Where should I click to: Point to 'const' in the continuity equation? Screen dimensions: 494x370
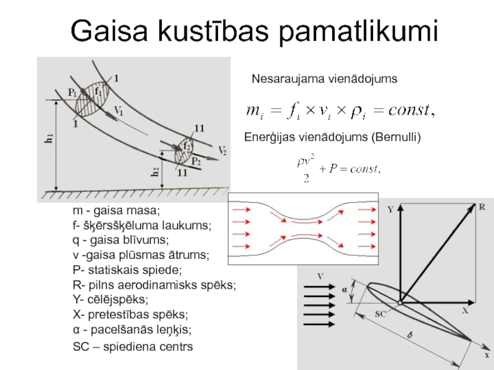coord(404,111)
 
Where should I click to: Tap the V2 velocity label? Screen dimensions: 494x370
coord(222,150)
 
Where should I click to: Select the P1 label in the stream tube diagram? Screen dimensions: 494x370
coord(72,92)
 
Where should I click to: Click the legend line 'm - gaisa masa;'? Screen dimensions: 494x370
coord(115,211)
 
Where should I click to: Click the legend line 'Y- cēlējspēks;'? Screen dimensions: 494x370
coord(111,300)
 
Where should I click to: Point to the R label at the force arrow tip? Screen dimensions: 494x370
coord(482,207)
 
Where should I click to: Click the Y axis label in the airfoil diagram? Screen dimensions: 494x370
coord(390,210)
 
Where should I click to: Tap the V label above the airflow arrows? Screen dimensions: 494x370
coord(320,276)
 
